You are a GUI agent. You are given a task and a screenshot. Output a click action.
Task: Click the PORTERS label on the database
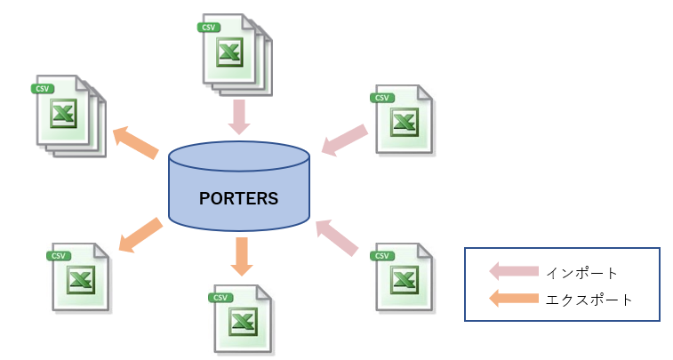point(239,197)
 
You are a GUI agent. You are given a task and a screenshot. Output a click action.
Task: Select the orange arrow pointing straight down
point(239,255)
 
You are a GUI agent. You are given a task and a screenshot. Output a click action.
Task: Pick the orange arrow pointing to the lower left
point(140,235)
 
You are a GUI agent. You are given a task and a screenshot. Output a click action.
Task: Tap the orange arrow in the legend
point(513,300)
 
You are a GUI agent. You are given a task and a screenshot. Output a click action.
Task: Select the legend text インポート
point(581,272)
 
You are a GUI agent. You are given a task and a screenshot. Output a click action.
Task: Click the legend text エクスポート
point(589,300)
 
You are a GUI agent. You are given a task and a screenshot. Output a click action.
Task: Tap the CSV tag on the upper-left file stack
point(42,88)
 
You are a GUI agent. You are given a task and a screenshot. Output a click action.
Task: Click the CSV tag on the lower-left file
point(60,256)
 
